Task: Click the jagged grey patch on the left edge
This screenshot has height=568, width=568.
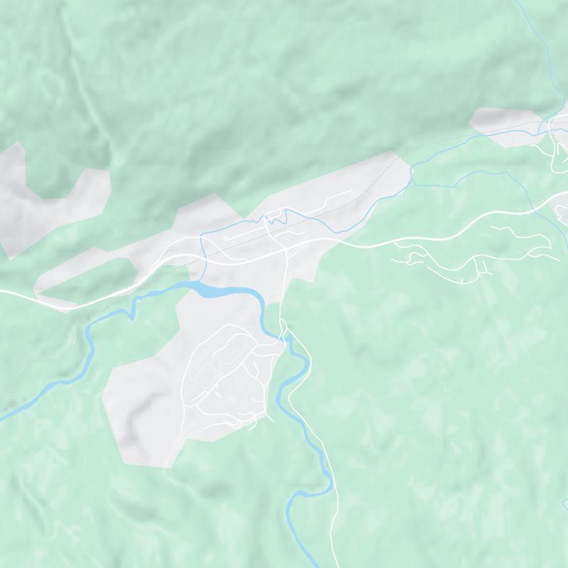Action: [43, 195]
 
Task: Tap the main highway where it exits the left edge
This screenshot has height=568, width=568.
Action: [3, 292]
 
